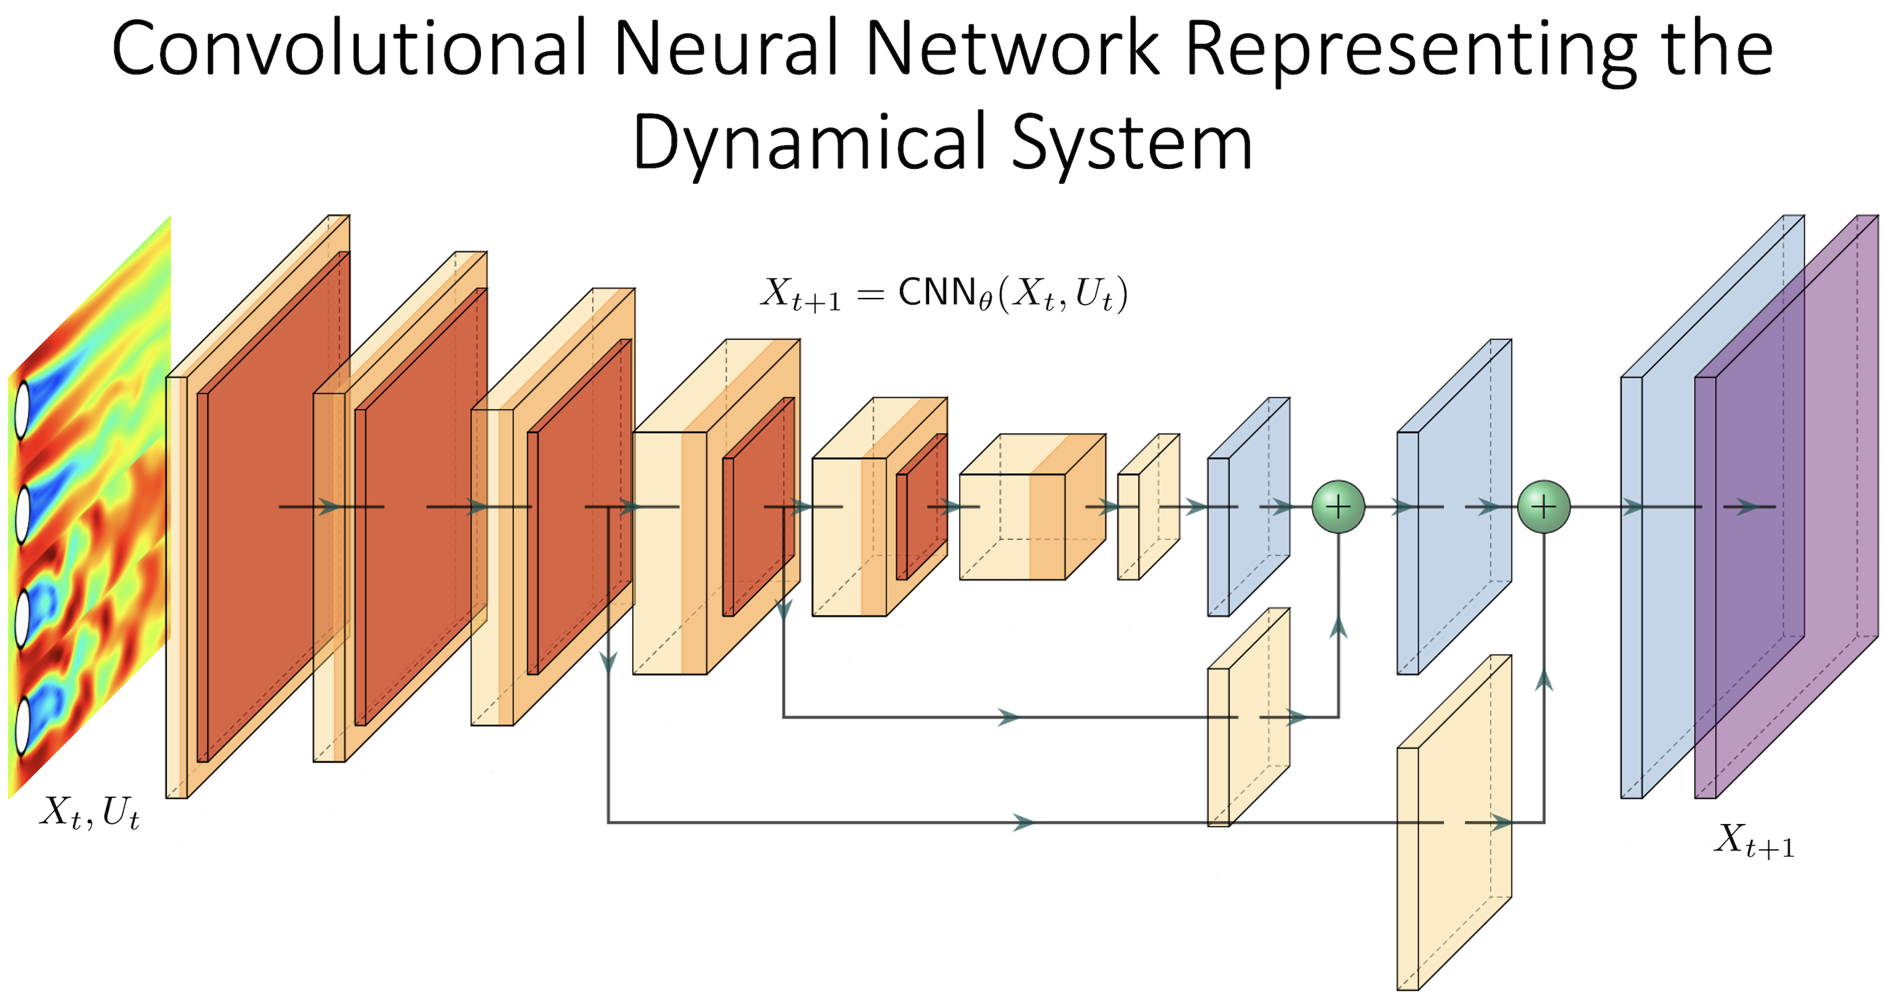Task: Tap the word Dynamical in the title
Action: tap(809, 143)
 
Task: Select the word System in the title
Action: tap(1131, 143)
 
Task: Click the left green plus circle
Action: tap(1338, 506)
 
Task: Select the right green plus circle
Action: tap(1544, 506)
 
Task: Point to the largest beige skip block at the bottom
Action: tap(1453, 827)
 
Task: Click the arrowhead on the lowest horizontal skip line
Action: tap(1024, 823)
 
